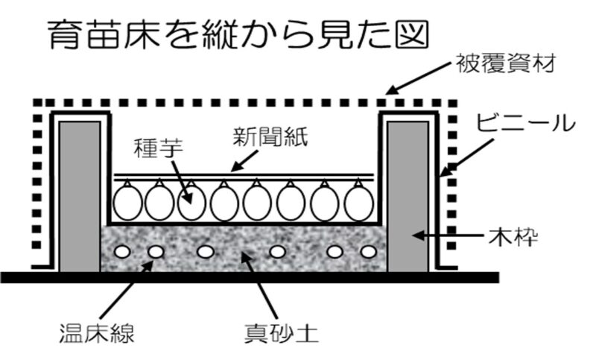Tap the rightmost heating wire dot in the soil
tap(367, 251)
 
